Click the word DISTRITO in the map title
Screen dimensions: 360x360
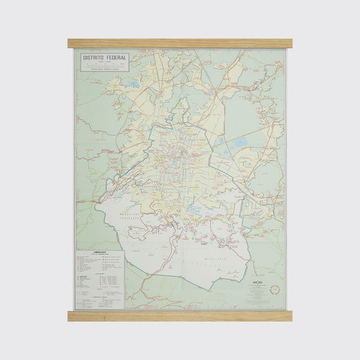click(93, 59)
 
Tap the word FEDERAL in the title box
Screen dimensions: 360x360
click(115, 59)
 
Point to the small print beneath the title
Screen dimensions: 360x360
click(103, 67)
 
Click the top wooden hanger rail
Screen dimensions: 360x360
click(180, 43)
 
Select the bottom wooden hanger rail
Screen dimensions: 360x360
click(180, 315)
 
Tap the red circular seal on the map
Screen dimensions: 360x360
click(274, 290)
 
